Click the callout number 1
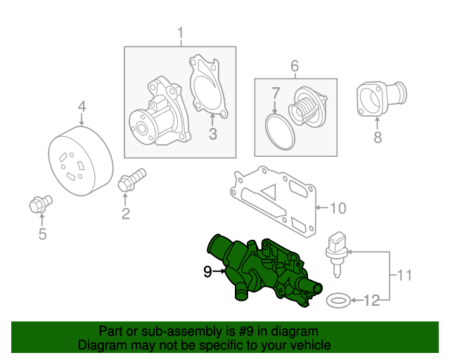[x=180, y=33]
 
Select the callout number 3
[x=213, y=134]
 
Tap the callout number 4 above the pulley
[x=82, y=107]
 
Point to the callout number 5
[x=42, y=235]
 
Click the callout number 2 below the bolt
[x=126, y=214]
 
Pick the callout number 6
[x=295, y=66]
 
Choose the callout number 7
[x=276, y=93]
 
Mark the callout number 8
[x=378, y=138]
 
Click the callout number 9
[x=208, y=271]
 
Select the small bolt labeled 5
[x=37, y=205]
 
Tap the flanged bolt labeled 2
[x=131, y=180]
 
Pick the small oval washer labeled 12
[x=340, y=301]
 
